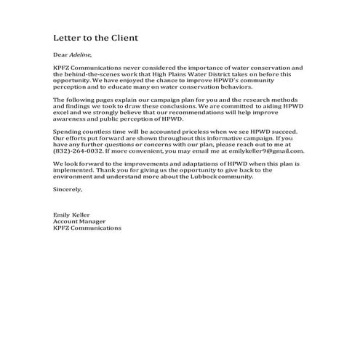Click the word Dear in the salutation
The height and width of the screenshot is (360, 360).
tap(60, 55)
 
